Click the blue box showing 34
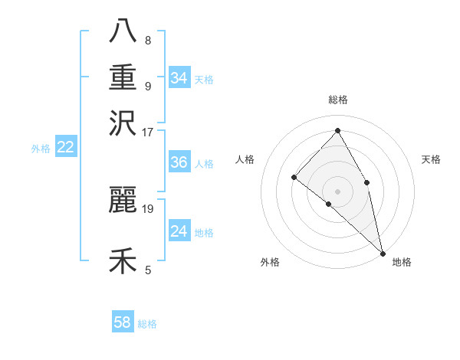(179, 78)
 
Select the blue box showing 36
(179, 162)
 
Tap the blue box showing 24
(179, 231)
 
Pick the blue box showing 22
(65, 147)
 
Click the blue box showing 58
(123, 322)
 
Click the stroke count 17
(148, 131)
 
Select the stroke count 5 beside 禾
(147, 270)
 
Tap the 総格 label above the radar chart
(337, 100)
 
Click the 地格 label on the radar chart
(402, 262)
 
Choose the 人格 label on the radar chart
(245, 159)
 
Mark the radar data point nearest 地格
(382, 252)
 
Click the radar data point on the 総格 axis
(337, 131)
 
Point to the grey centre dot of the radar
(337, 191)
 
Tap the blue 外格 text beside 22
(40, 149)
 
